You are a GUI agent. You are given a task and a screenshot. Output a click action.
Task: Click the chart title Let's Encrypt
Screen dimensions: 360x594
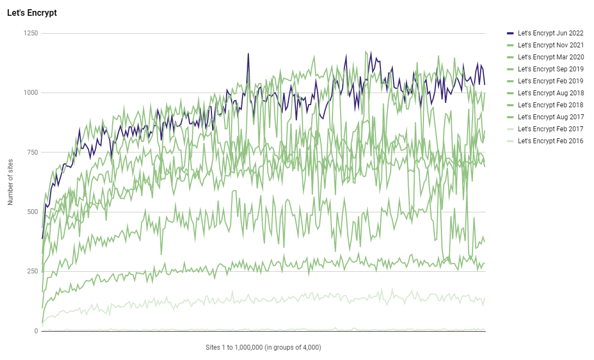point(32,13)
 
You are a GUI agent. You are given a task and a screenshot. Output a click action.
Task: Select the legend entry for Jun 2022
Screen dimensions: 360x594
point(550,33)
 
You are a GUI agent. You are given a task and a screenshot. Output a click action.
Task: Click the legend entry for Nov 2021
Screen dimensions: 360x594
point(550,45)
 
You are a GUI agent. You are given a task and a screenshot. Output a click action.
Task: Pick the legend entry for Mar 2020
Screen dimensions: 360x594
point(550,57)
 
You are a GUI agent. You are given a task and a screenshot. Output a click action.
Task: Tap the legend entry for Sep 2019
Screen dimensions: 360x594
point(550,69)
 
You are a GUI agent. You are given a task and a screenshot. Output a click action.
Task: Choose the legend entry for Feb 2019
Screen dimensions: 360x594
point(550,81)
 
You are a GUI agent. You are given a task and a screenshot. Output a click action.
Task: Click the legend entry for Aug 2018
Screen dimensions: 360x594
point(550,93)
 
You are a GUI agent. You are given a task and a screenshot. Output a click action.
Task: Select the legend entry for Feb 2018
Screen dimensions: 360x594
point(550,105)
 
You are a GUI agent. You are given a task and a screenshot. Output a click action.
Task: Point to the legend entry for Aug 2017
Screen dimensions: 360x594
point(550,117)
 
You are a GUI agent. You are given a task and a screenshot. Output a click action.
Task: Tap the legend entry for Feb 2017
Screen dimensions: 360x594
point(550,129)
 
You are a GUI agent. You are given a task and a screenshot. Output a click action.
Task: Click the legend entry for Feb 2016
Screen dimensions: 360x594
point(550,141)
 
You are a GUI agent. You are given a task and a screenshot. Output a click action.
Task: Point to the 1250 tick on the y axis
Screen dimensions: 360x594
point(31,34)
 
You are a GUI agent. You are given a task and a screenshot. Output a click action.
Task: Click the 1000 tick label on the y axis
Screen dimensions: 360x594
point(31,93)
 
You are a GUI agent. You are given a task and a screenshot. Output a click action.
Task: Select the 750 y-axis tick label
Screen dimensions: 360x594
point(32,152)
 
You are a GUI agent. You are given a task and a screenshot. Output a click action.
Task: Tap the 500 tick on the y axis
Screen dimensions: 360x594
point(32,212)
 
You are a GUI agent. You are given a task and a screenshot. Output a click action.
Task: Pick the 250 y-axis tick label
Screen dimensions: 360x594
point(32,271)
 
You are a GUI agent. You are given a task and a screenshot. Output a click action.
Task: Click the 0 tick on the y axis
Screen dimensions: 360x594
point(36,331)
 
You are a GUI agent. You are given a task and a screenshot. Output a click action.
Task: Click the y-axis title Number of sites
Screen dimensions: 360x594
point(11,182)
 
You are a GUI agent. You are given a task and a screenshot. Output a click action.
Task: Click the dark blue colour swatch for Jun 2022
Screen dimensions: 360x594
point(510,33)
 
